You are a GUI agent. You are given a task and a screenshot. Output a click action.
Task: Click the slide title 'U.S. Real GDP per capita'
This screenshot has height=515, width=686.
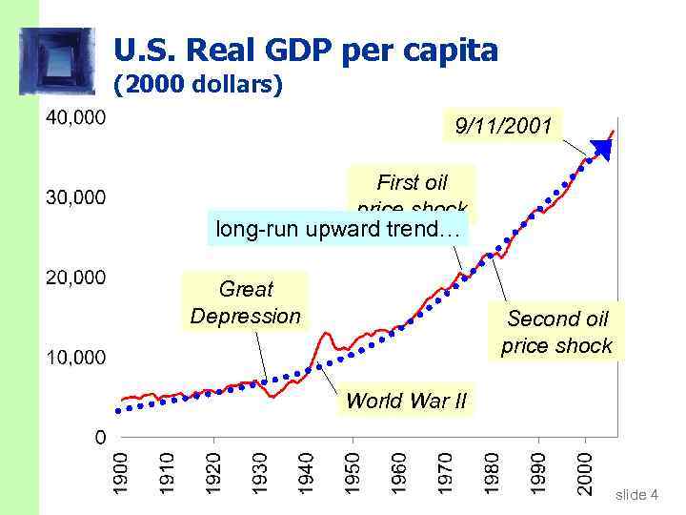(305, 50)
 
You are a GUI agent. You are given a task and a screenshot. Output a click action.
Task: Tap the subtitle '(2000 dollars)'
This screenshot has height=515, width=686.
(198, 86)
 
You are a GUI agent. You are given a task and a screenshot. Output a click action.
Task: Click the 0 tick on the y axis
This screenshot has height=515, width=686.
(100, 437)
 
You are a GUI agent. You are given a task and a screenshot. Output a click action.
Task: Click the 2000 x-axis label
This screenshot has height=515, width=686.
(586, 472)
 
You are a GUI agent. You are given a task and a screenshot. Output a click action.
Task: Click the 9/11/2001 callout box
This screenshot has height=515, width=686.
(503, 125)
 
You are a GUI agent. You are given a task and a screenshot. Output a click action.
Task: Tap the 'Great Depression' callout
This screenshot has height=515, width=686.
(245, 302)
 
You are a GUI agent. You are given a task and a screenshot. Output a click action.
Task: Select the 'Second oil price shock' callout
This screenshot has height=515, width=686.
(556, 332)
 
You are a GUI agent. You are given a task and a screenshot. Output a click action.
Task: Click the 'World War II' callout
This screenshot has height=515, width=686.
(406, 401)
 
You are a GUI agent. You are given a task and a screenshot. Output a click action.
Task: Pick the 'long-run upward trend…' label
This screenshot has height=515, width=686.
(337, 229)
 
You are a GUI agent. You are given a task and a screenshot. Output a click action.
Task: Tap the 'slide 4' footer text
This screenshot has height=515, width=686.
(636, 494)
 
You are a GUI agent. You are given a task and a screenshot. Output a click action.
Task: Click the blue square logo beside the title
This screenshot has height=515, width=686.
(59, 59)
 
